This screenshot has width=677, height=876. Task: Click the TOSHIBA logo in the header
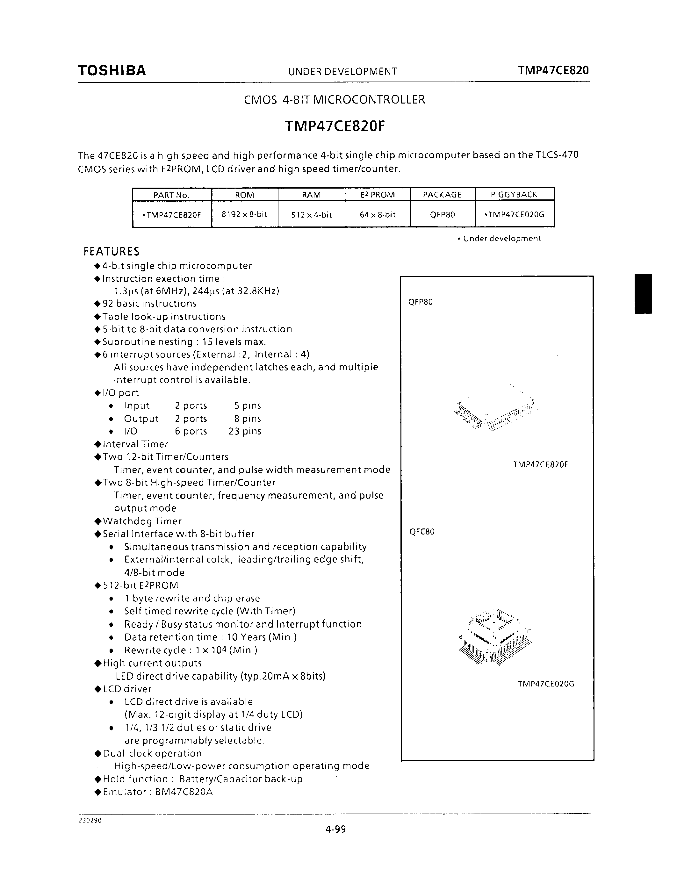tap(112, 71)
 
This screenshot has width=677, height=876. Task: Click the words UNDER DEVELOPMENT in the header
tap(342, 71)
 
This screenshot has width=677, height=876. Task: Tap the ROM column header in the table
tap(244, 195)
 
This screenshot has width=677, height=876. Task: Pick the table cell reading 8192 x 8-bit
tap(244, 214)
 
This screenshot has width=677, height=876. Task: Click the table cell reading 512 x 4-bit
tap(311, 215)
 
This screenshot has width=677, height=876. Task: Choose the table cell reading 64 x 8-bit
tap(378, 215)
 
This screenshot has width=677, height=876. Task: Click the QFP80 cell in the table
tap(443, 215)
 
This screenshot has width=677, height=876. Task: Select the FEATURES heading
tap(111, 251)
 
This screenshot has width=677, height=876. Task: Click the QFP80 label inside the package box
tap(420, 302)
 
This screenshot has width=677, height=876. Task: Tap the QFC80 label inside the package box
tap(421, 532)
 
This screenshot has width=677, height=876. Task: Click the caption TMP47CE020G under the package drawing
tap(546, 684)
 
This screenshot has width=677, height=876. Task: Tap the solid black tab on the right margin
tap(643, 294)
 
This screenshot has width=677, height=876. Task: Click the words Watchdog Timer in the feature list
tap(142, 521)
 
